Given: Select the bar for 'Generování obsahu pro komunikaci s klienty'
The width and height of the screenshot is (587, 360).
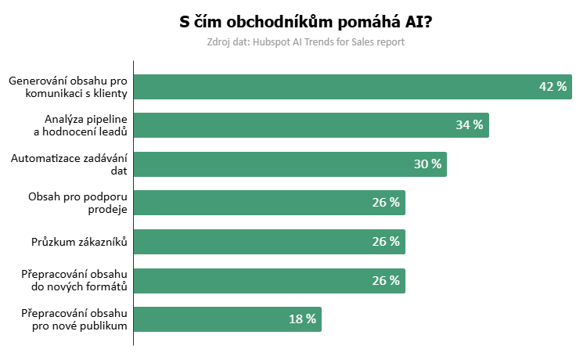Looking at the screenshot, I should [352, 87].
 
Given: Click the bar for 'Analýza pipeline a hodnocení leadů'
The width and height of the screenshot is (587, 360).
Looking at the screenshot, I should [311, 125].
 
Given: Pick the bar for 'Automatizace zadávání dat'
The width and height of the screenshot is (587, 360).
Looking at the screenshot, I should [290, 164].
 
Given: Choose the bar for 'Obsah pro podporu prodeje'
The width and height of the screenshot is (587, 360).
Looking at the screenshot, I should [269, 203].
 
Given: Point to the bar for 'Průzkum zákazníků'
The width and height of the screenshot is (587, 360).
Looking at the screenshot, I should [269, 242].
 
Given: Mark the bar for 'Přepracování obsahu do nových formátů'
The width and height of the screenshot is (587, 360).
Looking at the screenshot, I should [269, 280].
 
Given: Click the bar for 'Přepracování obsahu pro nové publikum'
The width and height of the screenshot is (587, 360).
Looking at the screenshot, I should [227, 319].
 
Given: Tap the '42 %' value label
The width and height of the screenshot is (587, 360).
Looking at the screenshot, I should [553, 87].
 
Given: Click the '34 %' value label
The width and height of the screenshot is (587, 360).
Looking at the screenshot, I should [470, 125].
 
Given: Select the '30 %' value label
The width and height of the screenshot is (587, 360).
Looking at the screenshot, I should [427, 164].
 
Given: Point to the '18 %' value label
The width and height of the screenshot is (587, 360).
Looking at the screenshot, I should [302, 319].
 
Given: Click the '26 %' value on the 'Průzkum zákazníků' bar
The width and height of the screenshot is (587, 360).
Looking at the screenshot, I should [386, 242].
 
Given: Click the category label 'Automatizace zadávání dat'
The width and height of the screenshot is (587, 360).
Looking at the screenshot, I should [69, 164].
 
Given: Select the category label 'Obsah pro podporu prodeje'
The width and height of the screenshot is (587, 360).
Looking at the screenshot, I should [77, 203].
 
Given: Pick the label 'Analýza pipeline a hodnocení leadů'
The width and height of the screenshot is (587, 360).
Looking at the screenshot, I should [81, 125].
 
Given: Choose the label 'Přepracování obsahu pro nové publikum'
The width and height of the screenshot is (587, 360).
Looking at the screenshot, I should [74, 319].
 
